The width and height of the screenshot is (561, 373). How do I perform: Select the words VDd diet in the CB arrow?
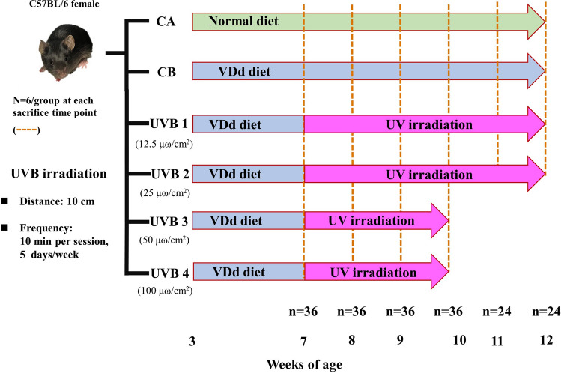(244, 73)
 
